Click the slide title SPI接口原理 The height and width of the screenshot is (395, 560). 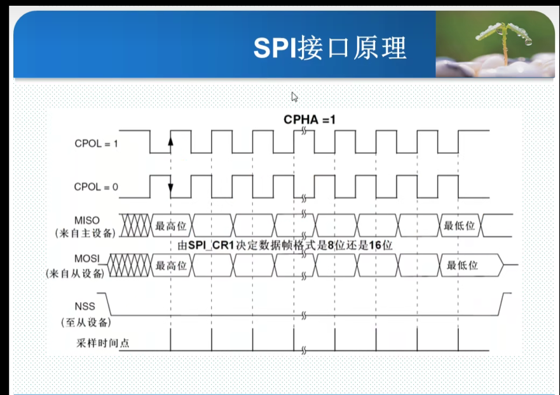(x=330, y=48)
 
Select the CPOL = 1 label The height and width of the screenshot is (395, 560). (x=96, y=144)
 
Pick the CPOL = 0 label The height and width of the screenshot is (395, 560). (x=96, y=187)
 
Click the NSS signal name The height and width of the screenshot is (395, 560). (x=85, y=307)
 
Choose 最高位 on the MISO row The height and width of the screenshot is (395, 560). (x=170, y=226)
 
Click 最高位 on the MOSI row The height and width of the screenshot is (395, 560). (x=170, y=266)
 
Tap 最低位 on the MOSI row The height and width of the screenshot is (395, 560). (x=462, y=266)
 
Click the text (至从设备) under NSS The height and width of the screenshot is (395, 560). (x=86, y=322)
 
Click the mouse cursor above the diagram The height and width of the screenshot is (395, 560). (x=294, y=97)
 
